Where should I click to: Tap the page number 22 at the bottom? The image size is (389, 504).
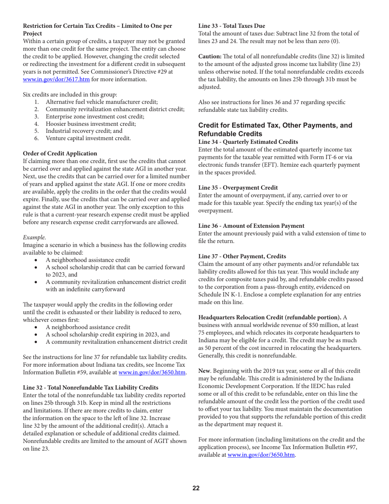[x=196, y=488]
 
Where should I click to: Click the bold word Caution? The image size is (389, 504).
[x=212, y=56]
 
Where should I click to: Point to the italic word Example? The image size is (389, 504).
[x=35, y=237]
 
